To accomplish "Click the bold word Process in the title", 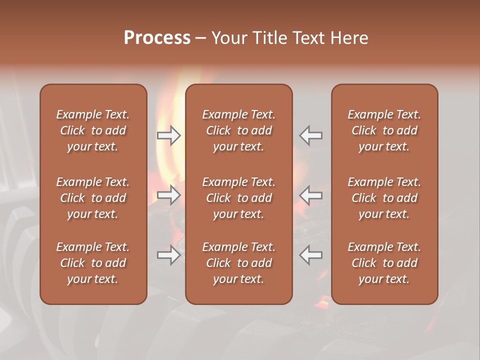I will pos(157,38).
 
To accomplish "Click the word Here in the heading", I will pos(349,38).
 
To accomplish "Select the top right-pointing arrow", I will pos(169,135).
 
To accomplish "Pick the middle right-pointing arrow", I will pos(169,194).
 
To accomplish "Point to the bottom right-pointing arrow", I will pos(169,255).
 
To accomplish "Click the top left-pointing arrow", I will pos(311,135).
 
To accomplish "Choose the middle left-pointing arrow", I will pos(311,194).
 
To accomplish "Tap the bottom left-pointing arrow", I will pos(311,255).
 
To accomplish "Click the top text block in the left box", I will pos(93,130).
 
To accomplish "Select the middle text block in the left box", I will pos(93,198).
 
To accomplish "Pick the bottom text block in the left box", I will pos(93,263).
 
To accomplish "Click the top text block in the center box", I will pos(239,130).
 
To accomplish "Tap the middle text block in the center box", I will pos(239,198).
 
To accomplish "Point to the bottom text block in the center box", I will pos(239,263).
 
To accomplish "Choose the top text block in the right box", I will pos(384,130).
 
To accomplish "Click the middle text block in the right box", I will pos(384,198).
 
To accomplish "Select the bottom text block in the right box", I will pos(384,263).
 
